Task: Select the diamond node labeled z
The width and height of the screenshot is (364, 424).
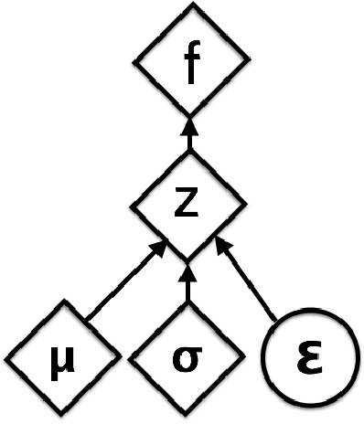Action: [189, 209]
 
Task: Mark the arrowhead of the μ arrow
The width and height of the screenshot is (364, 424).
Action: [160, 244]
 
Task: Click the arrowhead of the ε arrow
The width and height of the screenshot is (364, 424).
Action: [219, 244]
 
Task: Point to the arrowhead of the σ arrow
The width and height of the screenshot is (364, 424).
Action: [187, 270]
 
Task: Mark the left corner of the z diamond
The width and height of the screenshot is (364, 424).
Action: [132, 209]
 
